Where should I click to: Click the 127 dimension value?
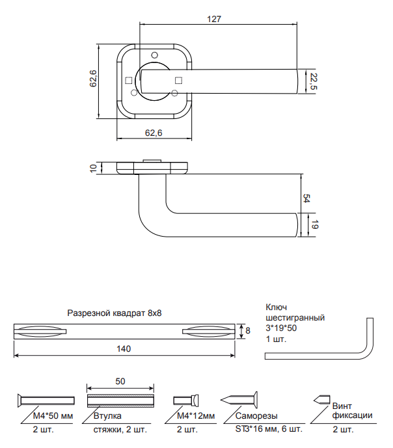(x=214, y=19)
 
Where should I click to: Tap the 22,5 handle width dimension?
(x=314, y=81)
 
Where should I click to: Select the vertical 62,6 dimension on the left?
(x=93, y=78)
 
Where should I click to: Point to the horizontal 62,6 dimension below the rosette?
(x=154, y=133)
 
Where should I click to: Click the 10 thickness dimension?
(x=94, y=168)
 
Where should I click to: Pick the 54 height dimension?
(x=306, y=198)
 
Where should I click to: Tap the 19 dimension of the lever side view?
(x=314, y=225)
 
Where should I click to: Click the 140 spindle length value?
(x=124, y=349)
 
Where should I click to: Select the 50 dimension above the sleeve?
(x=120, y=381)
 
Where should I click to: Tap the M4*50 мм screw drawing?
(x=46, y=401)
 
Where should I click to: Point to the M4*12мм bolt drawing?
(x=186, y=401)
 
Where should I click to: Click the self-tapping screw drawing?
(x=239, y=400)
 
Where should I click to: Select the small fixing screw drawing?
(x=322, y=399)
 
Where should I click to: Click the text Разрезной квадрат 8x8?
(x=115, y=313)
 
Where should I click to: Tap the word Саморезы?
(x=256, y=416)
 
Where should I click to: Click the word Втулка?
(x=107, y=415)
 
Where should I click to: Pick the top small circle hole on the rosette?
(x=154, y=55)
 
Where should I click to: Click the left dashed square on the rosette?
(x=129, y=81)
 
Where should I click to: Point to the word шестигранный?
(x=295, y=318)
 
